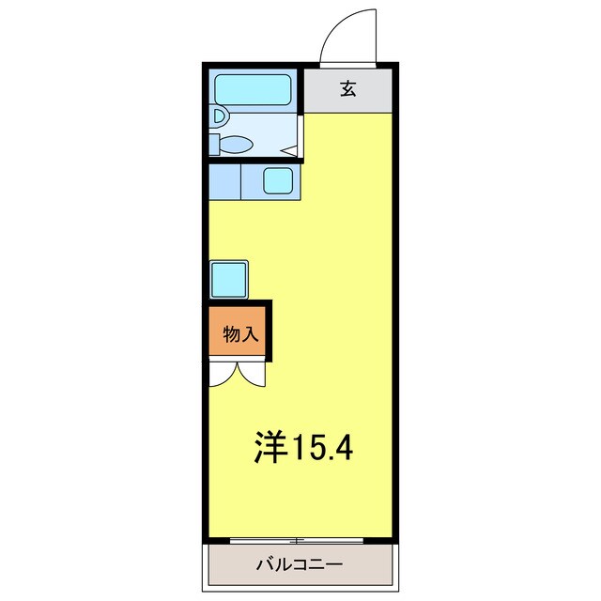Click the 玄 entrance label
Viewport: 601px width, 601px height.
click(347, 90)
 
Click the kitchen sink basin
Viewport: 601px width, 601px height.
click(279, 179)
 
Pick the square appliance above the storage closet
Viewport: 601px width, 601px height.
click(229, 279)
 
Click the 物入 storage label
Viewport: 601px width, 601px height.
click(239, 333)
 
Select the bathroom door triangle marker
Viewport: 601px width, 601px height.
click(290, 150)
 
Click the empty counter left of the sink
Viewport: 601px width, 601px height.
click(224, 181)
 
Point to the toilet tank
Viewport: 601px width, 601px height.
click(214, 145)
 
